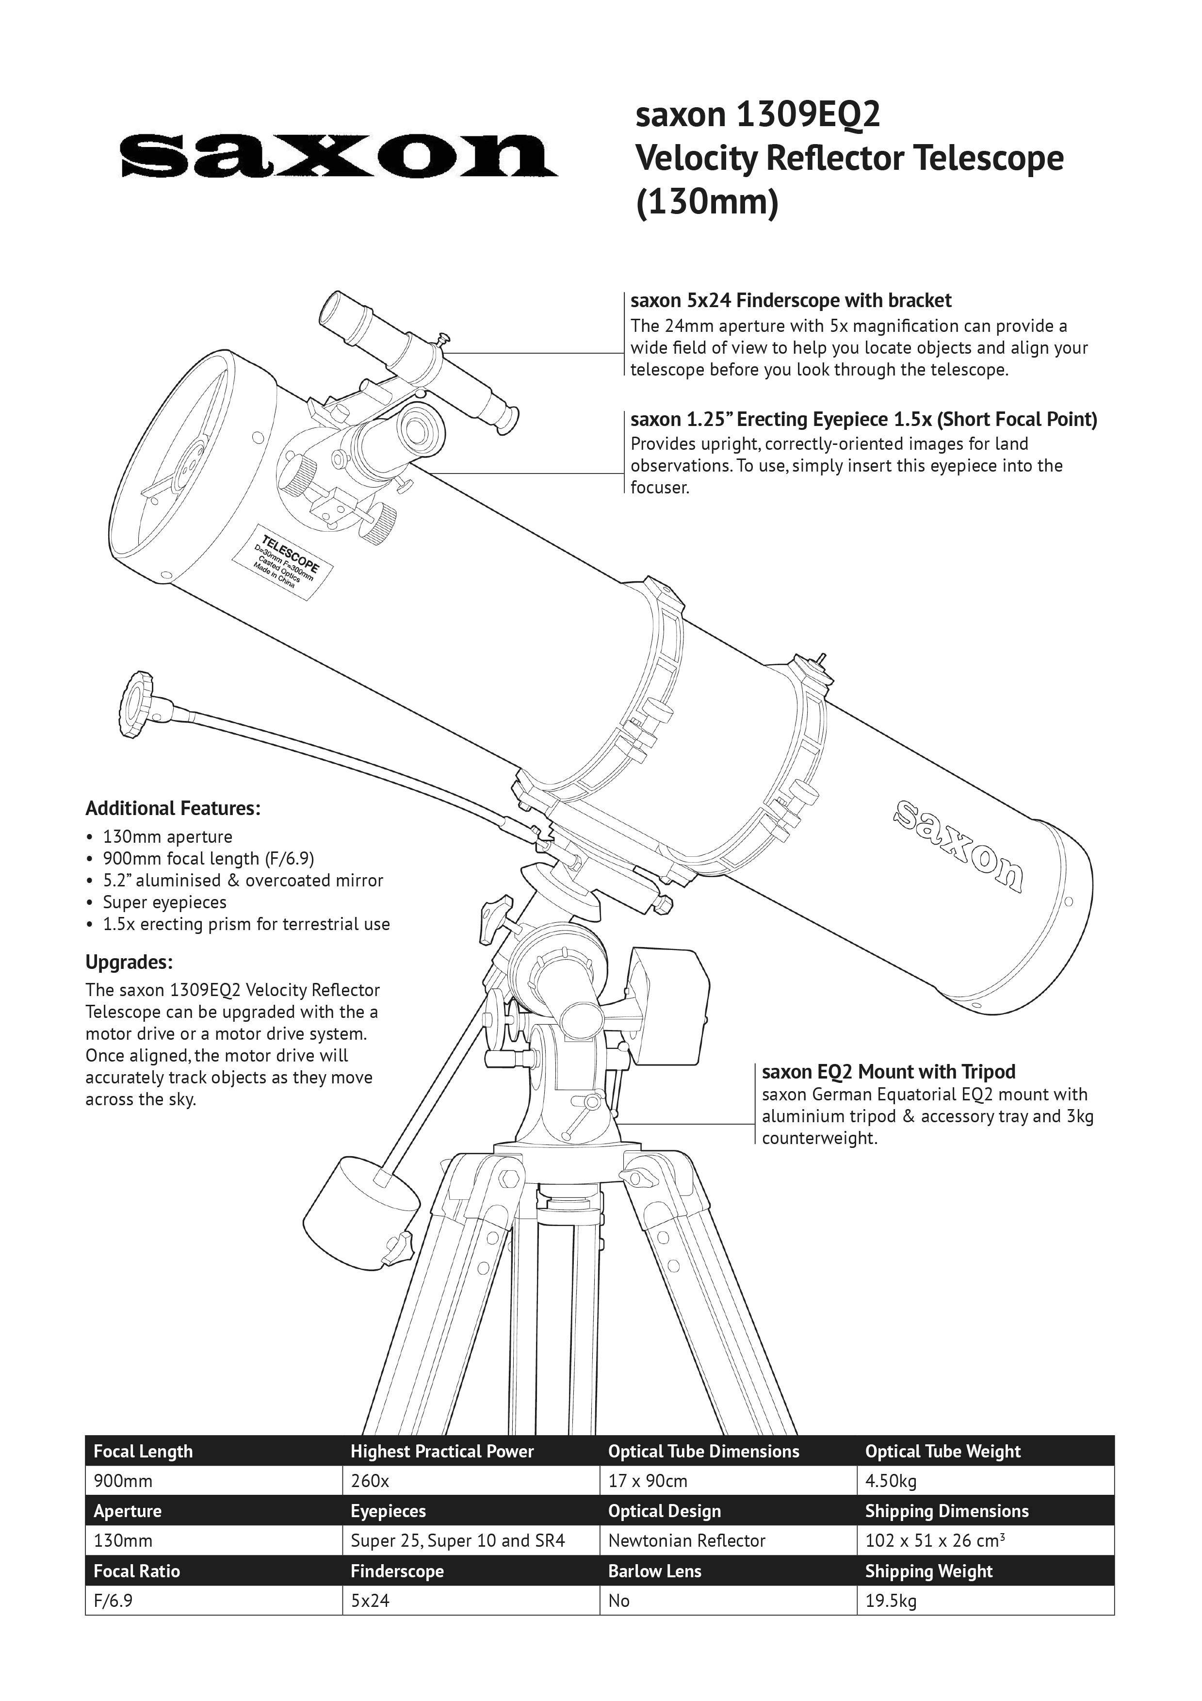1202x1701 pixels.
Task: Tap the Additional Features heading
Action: click(173, 808)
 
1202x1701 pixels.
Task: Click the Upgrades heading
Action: click(129, 963)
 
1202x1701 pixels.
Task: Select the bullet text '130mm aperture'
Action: click(167, 837)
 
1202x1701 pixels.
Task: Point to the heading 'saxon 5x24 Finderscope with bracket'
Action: click(790, 301)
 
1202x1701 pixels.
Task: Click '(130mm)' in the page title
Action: click(707, 202)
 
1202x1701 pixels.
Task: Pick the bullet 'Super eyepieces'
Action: click(164, 902)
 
